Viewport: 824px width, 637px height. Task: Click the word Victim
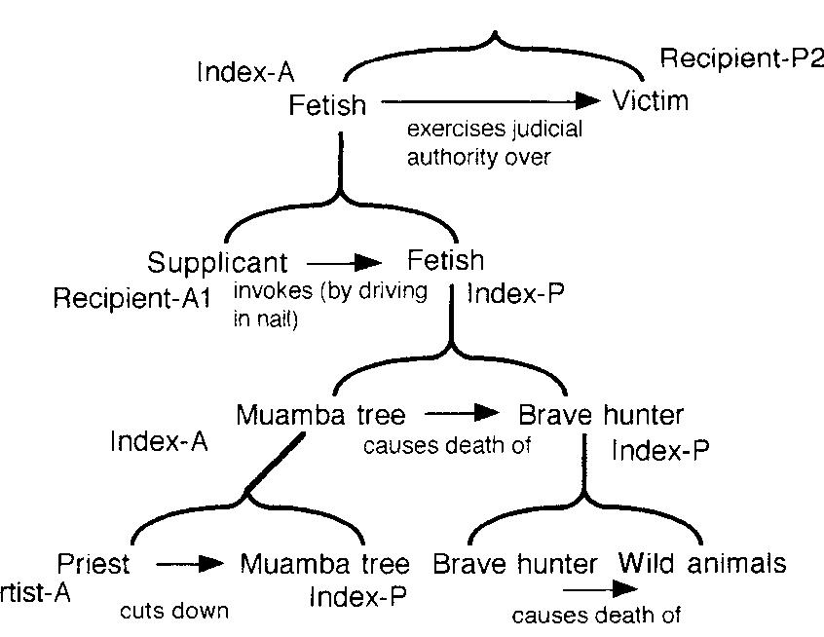coord(651,99)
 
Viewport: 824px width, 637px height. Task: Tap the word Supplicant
coord(218,263)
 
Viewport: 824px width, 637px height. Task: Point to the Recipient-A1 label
coord(131,298)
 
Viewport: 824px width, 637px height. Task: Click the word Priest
coord(93,563)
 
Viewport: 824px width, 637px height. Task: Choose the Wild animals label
coord(702,563)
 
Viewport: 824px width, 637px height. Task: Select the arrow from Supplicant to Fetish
coord(345,262)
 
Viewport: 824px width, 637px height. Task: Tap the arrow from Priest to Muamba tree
coord(191,563)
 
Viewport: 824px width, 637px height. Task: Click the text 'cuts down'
coord(174,612)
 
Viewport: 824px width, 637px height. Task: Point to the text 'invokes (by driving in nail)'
coord(330,306)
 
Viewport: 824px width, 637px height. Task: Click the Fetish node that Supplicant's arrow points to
coord(445,261)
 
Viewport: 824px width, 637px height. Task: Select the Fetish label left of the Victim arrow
coord(327,104)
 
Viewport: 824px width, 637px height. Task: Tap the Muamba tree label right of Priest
coord(324,564)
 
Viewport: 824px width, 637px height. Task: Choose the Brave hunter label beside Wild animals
coord(514,564)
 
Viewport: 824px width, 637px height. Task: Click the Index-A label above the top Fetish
coord(245,72)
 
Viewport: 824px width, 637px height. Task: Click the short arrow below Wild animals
coord(599,589)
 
